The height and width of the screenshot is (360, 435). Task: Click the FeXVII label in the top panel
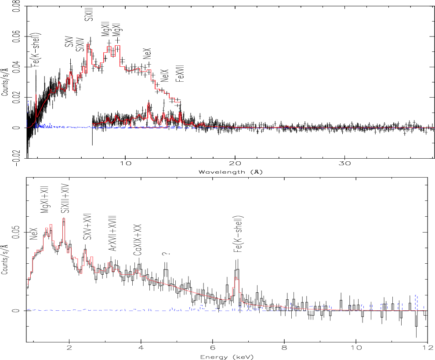(181, 73)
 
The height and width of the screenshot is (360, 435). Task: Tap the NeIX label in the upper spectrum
(165, 76)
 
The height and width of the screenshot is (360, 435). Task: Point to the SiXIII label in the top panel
(89, 11)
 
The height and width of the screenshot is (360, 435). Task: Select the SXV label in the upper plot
(69, 41)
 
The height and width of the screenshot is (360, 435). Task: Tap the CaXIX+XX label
(138, 240)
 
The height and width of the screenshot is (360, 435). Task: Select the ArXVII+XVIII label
(112, 233)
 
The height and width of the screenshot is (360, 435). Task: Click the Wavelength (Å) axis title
(231, 172)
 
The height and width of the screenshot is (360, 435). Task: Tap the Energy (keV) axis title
(227, 357)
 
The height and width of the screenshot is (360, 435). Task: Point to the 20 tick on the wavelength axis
(235, 163)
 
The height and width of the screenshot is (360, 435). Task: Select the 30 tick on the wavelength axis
(344, 163)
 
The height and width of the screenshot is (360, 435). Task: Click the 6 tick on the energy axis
(213, 347)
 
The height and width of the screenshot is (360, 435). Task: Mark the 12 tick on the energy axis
(427, 347)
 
